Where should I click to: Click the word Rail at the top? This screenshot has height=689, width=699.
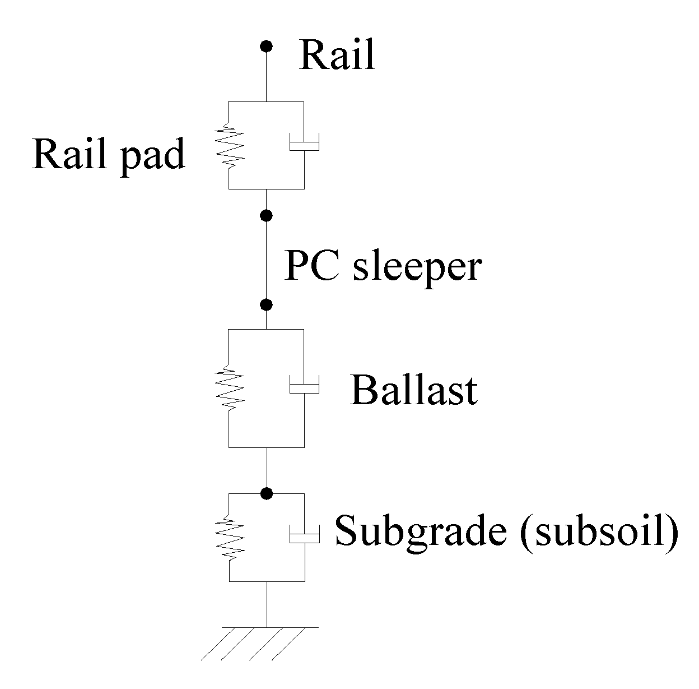click(337, 56)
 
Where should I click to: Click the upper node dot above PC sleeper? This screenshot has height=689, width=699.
click(267, 215)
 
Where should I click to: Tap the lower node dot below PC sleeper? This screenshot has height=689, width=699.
click(267, 304)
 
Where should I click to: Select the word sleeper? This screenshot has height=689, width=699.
click(416, 267)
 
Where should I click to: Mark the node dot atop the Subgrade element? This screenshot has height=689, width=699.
click(267, 493)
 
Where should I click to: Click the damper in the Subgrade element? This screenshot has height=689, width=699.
click(304, 535)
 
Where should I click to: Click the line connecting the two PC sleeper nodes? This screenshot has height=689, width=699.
click(267, 260)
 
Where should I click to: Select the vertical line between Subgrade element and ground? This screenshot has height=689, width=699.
click(267, 604)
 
